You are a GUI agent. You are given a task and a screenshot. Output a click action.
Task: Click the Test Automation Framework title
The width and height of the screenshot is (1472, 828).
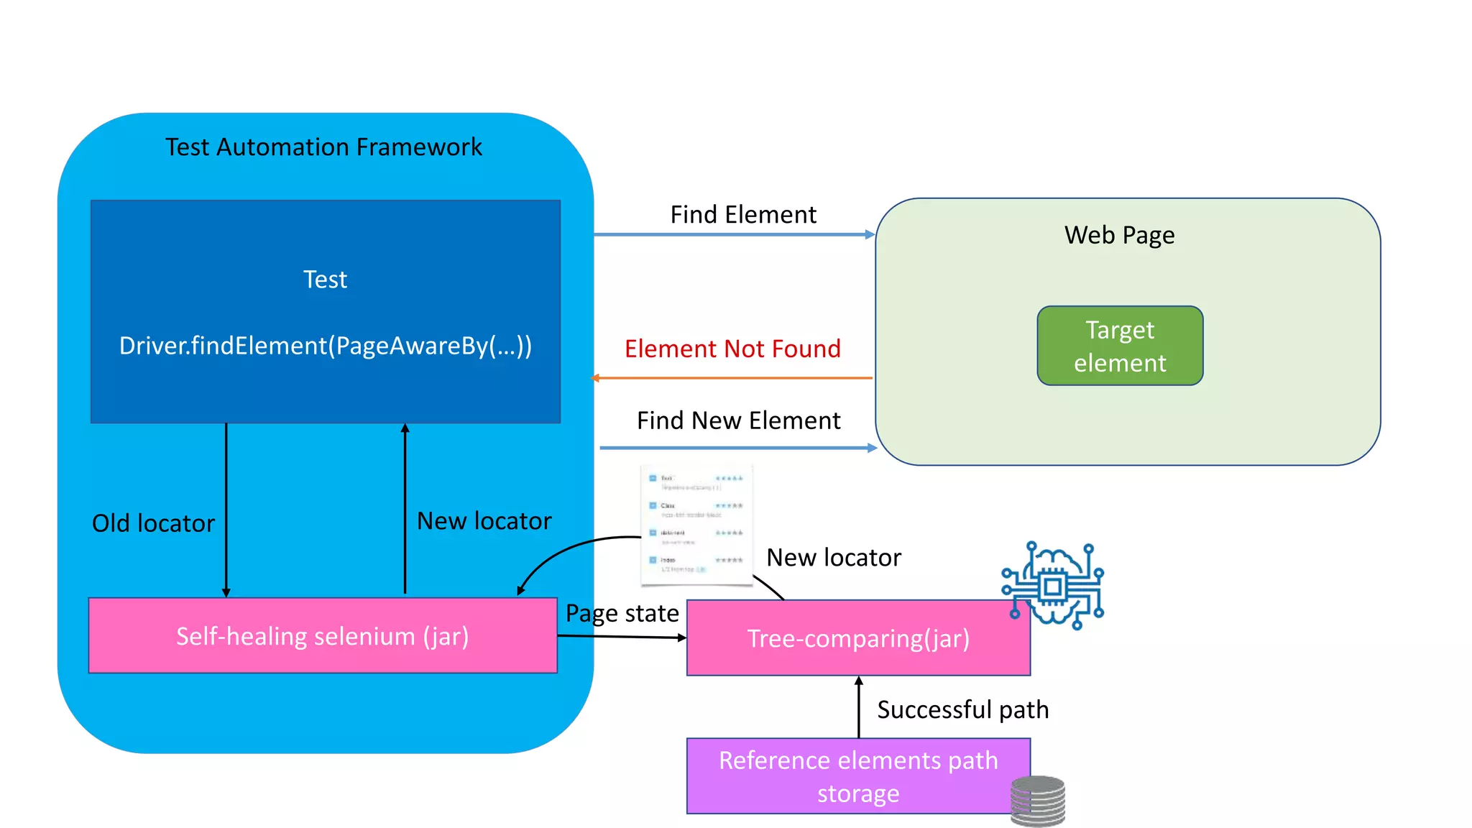tap(323, 147)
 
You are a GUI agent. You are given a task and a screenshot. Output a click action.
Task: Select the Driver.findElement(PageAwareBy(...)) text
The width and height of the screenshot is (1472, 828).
tap(326, 346)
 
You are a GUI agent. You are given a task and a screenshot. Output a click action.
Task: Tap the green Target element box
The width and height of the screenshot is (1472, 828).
tap(1120, 346)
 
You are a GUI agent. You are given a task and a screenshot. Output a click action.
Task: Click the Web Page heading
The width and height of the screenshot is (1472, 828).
tap(1119, 235)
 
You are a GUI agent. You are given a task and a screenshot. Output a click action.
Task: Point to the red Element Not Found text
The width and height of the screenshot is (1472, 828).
tap(732, 349)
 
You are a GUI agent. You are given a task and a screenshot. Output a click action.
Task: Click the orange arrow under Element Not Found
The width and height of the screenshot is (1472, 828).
tap(732, 377)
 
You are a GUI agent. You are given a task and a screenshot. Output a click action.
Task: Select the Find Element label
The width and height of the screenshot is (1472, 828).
tap(743, 215)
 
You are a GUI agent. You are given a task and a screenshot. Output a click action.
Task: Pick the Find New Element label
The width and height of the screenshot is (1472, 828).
tap(738, 420)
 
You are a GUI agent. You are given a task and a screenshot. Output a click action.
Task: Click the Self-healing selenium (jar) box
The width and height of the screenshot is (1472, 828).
tap(323, 636)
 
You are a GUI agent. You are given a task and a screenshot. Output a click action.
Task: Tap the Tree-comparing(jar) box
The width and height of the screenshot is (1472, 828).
tap(858, 638)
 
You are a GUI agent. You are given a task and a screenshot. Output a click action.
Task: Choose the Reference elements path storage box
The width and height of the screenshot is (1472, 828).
tap(858, 776)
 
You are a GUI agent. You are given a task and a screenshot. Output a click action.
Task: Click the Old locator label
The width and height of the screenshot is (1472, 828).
tap(153, 523)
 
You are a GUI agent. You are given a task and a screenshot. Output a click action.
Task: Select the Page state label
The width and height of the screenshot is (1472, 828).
tap(622, 613)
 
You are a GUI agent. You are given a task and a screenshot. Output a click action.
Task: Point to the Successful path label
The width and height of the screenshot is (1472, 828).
tap(962, 710)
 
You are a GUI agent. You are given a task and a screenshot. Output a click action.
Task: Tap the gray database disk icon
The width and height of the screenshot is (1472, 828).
tap(1037, 801)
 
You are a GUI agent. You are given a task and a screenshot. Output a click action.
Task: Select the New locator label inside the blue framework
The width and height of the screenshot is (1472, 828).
tap(484, 521)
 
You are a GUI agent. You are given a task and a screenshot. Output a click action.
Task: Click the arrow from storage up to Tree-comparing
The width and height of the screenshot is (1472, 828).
tap(859, 707)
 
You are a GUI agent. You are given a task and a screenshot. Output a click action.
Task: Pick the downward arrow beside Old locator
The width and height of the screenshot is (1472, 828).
tap(226, 510)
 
